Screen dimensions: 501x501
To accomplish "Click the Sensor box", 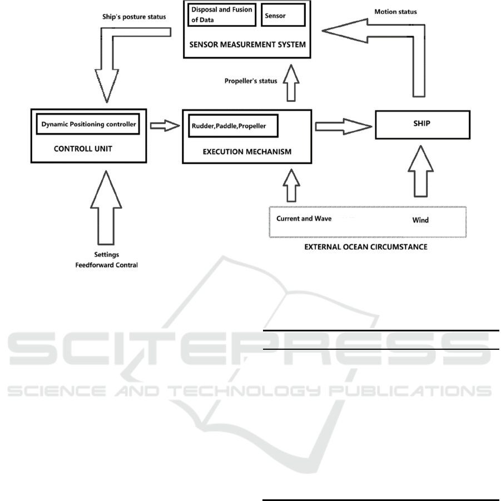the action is point(283,15).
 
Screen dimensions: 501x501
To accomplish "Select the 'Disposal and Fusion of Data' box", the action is point(222,14).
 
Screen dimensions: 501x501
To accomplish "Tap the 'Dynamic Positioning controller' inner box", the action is point(88,124).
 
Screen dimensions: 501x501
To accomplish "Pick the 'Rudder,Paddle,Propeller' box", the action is point(233,126).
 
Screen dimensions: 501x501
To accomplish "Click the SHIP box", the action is point(423,125).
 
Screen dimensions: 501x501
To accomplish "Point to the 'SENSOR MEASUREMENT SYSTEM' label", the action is point(247,44).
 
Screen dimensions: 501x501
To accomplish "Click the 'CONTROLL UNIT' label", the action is point(83,148).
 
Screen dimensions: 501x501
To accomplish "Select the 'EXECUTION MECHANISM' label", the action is point(247,151).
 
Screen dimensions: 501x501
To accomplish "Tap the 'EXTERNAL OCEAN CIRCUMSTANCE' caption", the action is point(365,247).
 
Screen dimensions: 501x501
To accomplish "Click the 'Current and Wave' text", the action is point(304,219).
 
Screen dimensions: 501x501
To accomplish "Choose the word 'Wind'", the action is point(420,220).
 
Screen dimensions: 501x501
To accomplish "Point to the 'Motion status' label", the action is point(395,12).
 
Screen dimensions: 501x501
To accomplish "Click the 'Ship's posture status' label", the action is point(134,17).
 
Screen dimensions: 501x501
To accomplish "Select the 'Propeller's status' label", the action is point(250,81).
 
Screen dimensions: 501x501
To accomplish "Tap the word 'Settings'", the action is point(106,255).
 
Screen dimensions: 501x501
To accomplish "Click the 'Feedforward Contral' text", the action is point(106,265).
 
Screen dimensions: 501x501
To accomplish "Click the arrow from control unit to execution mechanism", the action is point(165,126).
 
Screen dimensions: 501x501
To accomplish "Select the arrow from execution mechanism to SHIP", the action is point(344,127).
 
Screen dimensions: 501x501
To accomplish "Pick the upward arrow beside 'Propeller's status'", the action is point(291,83).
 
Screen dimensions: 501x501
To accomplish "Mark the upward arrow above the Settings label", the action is point(106,208).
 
